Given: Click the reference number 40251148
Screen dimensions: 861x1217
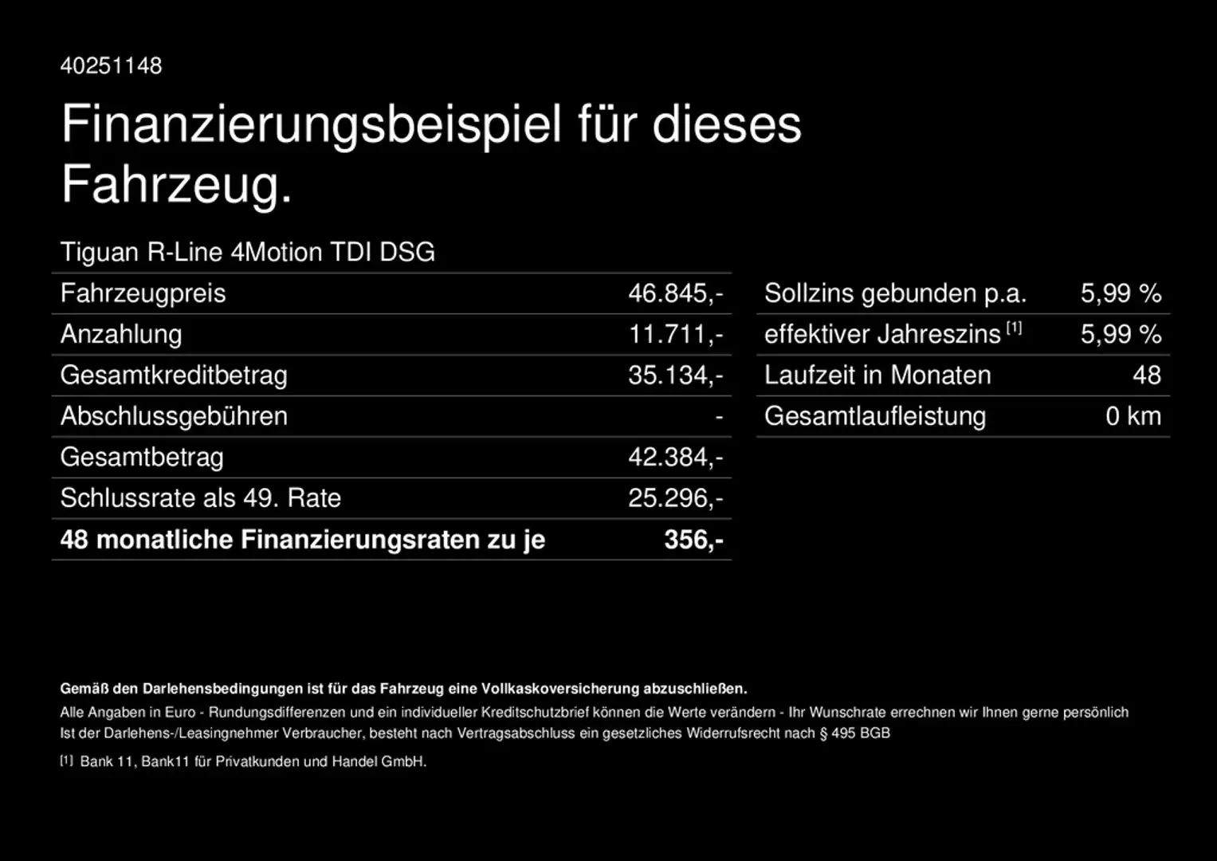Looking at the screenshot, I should pyautogui.click(x=111, y=65).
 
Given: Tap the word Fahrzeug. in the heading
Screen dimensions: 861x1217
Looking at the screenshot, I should pyautogui.click(x=177, y=184).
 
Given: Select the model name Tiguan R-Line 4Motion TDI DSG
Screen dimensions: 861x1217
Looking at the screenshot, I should pyautogui.click(x=248, y=252).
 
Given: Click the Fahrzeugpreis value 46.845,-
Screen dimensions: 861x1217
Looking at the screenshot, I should pyautogui.click(x=675, y=293).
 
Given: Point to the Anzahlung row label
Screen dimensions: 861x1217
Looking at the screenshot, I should pyautogui.click(x=121, y=334).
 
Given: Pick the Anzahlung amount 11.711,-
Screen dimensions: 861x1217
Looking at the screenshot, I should pyautogui.click(x=676, y=334).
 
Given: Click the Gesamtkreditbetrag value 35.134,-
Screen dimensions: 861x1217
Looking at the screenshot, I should pyautogui.click(x=675, y=375).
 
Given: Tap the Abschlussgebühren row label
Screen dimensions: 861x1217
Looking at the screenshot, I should pyautogui.click(x=174, y=416).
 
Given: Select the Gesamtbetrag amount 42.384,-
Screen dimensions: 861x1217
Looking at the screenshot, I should pyautogui.click(x=675, y=458).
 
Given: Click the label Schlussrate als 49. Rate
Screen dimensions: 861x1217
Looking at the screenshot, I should pyautogui.click(x=201, y=498).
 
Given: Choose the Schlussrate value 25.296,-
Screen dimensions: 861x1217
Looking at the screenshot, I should pyautogui.click(x=675, y=498).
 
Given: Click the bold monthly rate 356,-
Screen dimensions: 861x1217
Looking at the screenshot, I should pyautogui.click(x=693, y=540).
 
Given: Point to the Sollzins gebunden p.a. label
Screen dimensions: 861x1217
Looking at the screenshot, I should pyautogui.click(x=895, y=293).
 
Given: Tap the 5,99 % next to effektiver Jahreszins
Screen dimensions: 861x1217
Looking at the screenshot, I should pyautogui.click(x=1121, y=334).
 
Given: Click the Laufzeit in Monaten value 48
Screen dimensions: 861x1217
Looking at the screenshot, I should pyautogui.click(x=1147, y=375).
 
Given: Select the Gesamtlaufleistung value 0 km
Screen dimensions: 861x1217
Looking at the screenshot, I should pyautogui.click(x=1133, y=416).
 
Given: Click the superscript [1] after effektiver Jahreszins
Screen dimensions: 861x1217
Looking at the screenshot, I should pyautogui.click(x=1014, y=328).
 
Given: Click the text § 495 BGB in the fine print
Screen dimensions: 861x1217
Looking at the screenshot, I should pyautogui.click(x=854, y=733).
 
